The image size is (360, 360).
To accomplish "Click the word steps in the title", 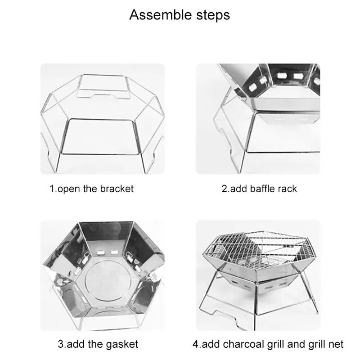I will [x=211, y=15].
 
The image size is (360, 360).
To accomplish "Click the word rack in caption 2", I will [x=288, y=189].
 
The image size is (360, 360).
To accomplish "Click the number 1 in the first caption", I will [x=51, y=189].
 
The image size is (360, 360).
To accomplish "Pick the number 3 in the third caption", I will [x=60, y=345].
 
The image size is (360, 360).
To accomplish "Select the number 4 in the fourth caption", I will [x=195, y=345].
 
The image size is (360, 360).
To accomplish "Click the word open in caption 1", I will [x=67, y=189].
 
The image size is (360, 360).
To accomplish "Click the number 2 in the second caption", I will [x=224, y=189].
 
